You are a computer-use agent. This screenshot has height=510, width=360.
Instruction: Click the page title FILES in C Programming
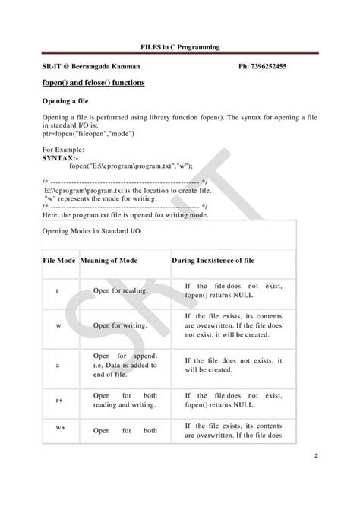[x=179, y=47]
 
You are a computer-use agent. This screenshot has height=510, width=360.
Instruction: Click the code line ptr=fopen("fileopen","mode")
[x=88, y=134]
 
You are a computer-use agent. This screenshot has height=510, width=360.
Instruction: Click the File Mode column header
[x=58, y=260]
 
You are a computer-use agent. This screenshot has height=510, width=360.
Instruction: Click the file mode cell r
[x=58, y=290]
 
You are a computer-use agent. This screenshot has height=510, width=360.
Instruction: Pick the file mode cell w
[x=58, y=325]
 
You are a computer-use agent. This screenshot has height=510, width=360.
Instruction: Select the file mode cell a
[x=58, y=365]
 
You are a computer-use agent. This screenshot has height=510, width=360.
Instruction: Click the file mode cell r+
[x=58, y=398]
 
